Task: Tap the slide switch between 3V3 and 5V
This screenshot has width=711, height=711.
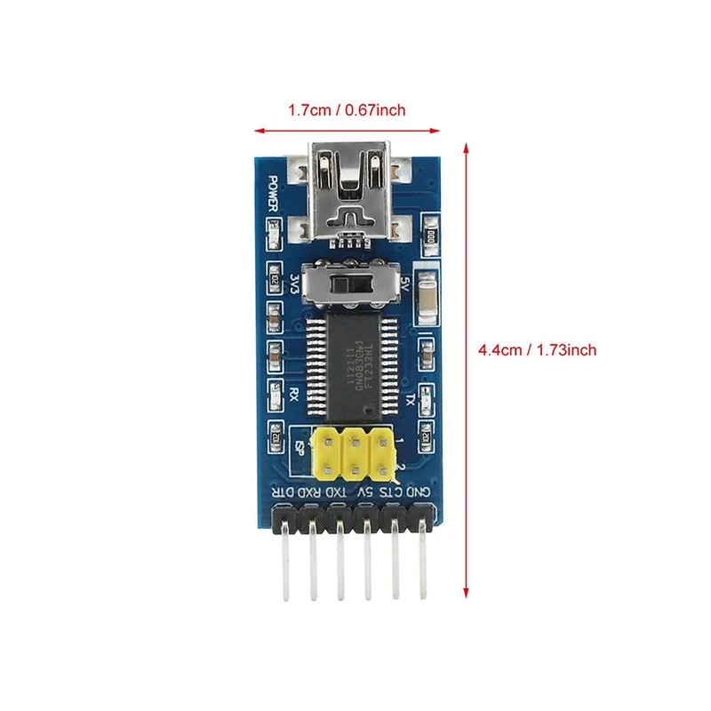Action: coord(351,284)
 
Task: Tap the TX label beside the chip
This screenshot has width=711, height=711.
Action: coord(409,399)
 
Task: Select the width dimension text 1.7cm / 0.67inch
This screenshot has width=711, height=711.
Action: coord(347,110)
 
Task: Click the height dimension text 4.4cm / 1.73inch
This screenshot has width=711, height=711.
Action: coord(537,350)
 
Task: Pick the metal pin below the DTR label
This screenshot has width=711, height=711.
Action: coord(286,569)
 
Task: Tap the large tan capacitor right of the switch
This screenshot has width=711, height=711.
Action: coord(428,296)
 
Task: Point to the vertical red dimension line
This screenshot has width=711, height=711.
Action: coord(466,373)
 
